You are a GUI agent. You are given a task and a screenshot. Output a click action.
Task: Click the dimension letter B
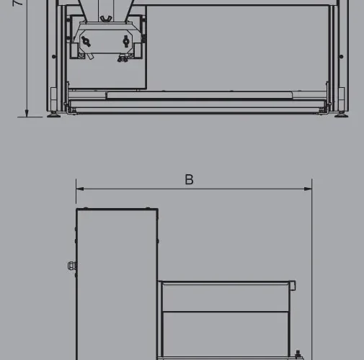[x=189, y=179]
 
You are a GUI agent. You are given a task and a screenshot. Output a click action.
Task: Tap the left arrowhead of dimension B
[x=79, y=189]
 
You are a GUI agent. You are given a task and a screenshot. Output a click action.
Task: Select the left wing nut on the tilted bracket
[x=87, y=42]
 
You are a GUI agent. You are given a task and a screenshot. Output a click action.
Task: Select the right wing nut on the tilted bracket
[x=127, y=41]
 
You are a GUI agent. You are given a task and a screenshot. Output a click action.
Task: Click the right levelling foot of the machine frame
[x=339, y=114]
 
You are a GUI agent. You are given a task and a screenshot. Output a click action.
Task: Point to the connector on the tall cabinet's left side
[x=71, y=266]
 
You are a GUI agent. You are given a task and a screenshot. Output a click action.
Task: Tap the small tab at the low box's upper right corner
[x=293, y=286]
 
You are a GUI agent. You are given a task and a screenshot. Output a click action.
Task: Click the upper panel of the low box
[x=225, y=297]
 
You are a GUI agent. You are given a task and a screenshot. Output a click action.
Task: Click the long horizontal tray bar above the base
[x=198, y=95]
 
